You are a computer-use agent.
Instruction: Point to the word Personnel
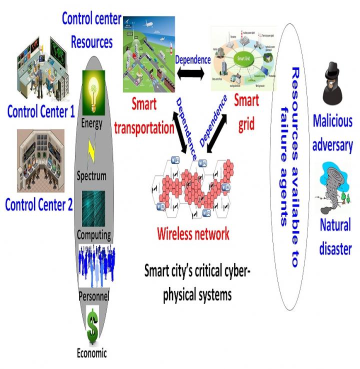[x=93, y=295]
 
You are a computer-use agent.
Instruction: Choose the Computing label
[x=94, y=234]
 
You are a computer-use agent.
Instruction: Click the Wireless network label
[x=193, y=233]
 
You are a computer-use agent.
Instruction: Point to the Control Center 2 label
[x=42, y=204]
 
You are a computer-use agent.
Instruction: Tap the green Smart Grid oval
[x=242, y=57]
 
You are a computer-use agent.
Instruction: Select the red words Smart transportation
[x=144, y=116]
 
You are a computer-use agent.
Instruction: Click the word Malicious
[x=332, y=120]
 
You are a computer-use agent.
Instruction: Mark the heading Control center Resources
[x=91, y=30]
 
